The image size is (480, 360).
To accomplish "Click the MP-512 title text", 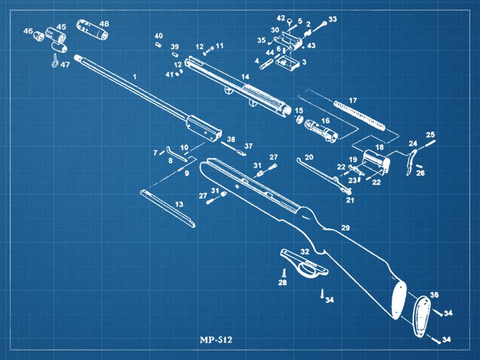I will [216, 340].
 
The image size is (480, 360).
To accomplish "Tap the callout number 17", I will [353, 101].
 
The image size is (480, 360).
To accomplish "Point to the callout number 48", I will [104, 24].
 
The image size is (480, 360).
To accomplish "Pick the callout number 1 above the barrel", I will [135, 77].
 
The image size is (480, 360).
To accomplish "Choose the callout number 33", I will [333, 19].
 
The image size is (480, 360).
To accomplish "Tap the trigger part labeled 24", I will [411, 162].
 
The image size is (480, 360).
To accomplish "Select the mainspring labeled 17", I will [359, 115].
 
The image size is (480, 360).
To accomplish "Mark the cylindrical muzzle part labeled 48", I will [91, 30].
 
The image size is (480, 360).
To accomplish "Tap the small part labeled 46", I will [39, 37].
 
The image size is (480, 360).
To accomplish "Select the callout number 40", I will [159, 36].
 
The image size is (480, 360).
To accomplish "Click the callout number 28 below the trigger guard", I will [283, 283].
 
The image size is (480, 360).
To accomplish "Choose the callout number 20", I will [309, 157].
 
